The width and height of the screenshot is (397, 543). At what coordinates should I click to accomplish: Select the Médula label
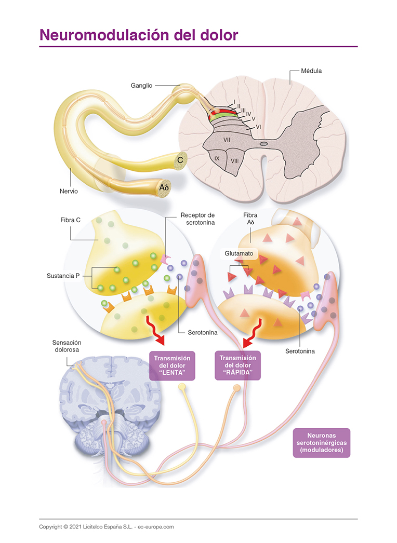coord(311,71)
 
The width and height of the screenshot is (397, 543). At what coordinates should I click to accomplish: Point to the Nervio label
coord(69,191)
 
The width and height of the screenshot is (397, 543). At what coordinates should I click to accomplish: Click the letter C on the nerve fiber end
coord(179,160)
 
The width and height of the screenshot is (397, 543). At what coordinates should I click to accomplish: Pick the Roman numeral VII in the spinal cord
coord(227,140)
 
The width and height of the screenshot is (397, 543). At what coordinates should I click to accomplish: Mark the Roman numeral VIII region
coord(234,161)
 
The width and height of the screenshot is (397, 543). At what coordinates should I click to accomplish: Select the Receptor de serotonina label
coord(197,219)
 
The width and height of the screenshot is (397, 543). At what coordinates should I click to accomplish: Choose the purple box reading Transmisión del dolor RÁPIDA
coord(237,366)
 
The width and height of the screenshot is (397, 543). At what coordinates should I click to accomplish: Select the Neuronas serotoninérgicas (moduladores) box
coord(321,442)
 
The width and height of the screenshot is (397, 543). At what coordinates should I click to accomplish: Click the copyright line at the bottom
coord(106,526)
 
